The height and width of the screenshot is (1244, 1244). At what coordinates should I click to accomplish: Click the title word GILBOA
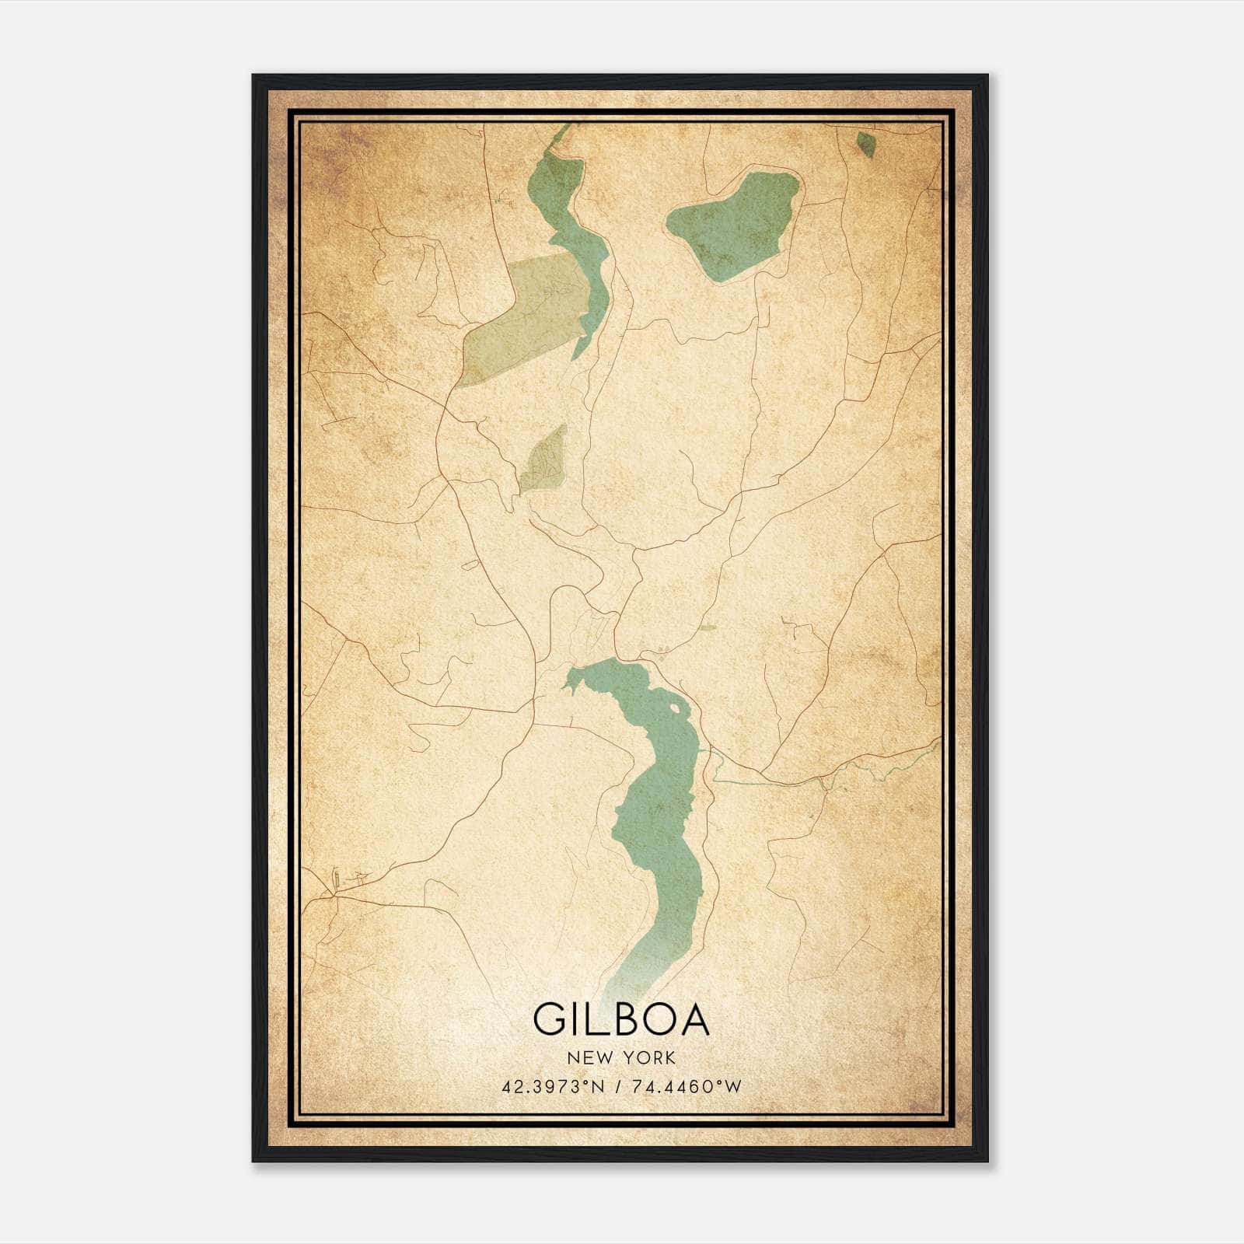(621, 1019)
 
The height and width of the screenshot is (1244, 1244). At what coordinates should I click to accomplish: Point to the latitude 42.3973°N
(553, 1086)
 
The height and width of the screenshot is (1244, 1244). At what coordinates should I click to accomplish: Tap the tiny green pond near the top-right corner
(865, 144)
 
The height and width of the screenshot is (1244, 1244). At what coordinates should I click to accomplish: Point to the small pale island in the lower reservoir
(674, 709)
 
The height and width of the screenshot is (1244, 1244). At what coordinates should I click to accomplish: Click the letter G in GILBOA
(549, 1019)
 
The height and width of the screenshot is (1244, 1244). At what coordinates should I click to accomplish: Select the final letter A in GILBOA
(694, 1019)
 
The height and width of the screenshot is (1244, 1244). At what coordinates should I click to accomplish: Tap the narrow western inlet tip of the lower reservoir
(565, 687)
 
